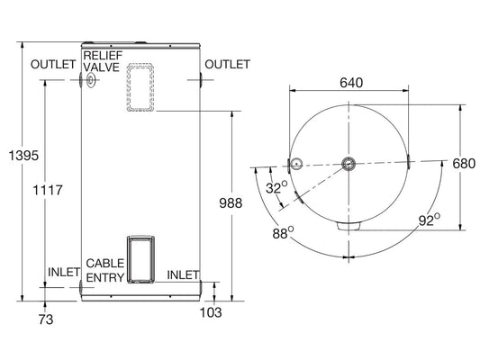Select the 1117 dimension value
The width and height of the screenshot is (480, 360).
[48, 190]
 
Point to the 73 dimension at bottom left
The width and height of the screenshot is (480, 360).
[46, 319]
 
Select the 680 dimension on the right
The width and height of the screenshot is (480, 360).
[463, 164]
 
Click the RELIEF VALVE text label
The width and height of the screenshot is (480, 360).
[101, 60]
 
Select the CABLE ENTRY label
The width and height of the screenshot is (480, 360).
[104, 270]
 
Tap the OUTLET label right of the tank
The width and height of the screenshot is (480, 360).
[227, 65]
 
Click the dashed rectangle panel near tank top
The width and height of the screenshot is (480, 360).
[140, 87]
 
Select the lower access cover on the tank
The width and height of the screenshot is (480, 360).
[140, 257]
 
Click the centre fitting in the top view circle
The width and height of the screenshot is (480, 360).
[349, 164]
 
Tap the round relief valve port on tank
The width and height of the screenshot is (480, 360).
[92, 81]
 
